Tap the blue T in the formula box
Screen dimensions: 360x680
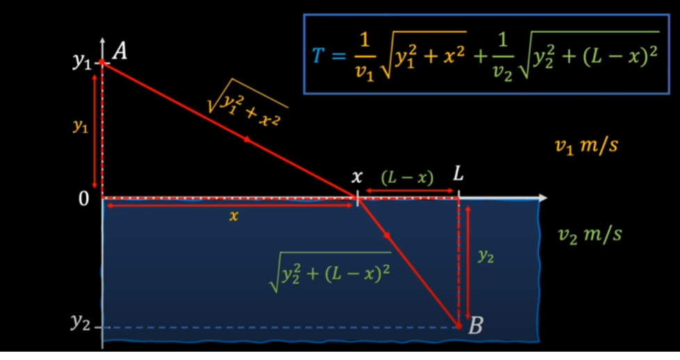click(317, 56)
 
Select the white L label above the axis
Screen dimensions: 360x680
click(458, 174)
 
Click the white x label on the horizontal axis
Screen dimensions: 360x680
click(356, 177)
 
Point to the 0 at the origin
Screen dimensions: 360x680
click(83, 199)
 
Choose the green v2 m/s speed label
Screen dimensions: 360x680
click(590, 235)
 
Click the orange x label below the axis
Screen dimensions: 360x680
click(233, 216)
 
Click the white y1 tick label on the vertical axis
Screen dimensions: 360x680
click(81, 63)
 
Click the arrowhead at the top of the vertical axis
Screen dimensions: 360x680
click(102, 40)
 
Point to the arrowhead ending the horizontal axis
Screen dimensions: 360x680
click(542, 198)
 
